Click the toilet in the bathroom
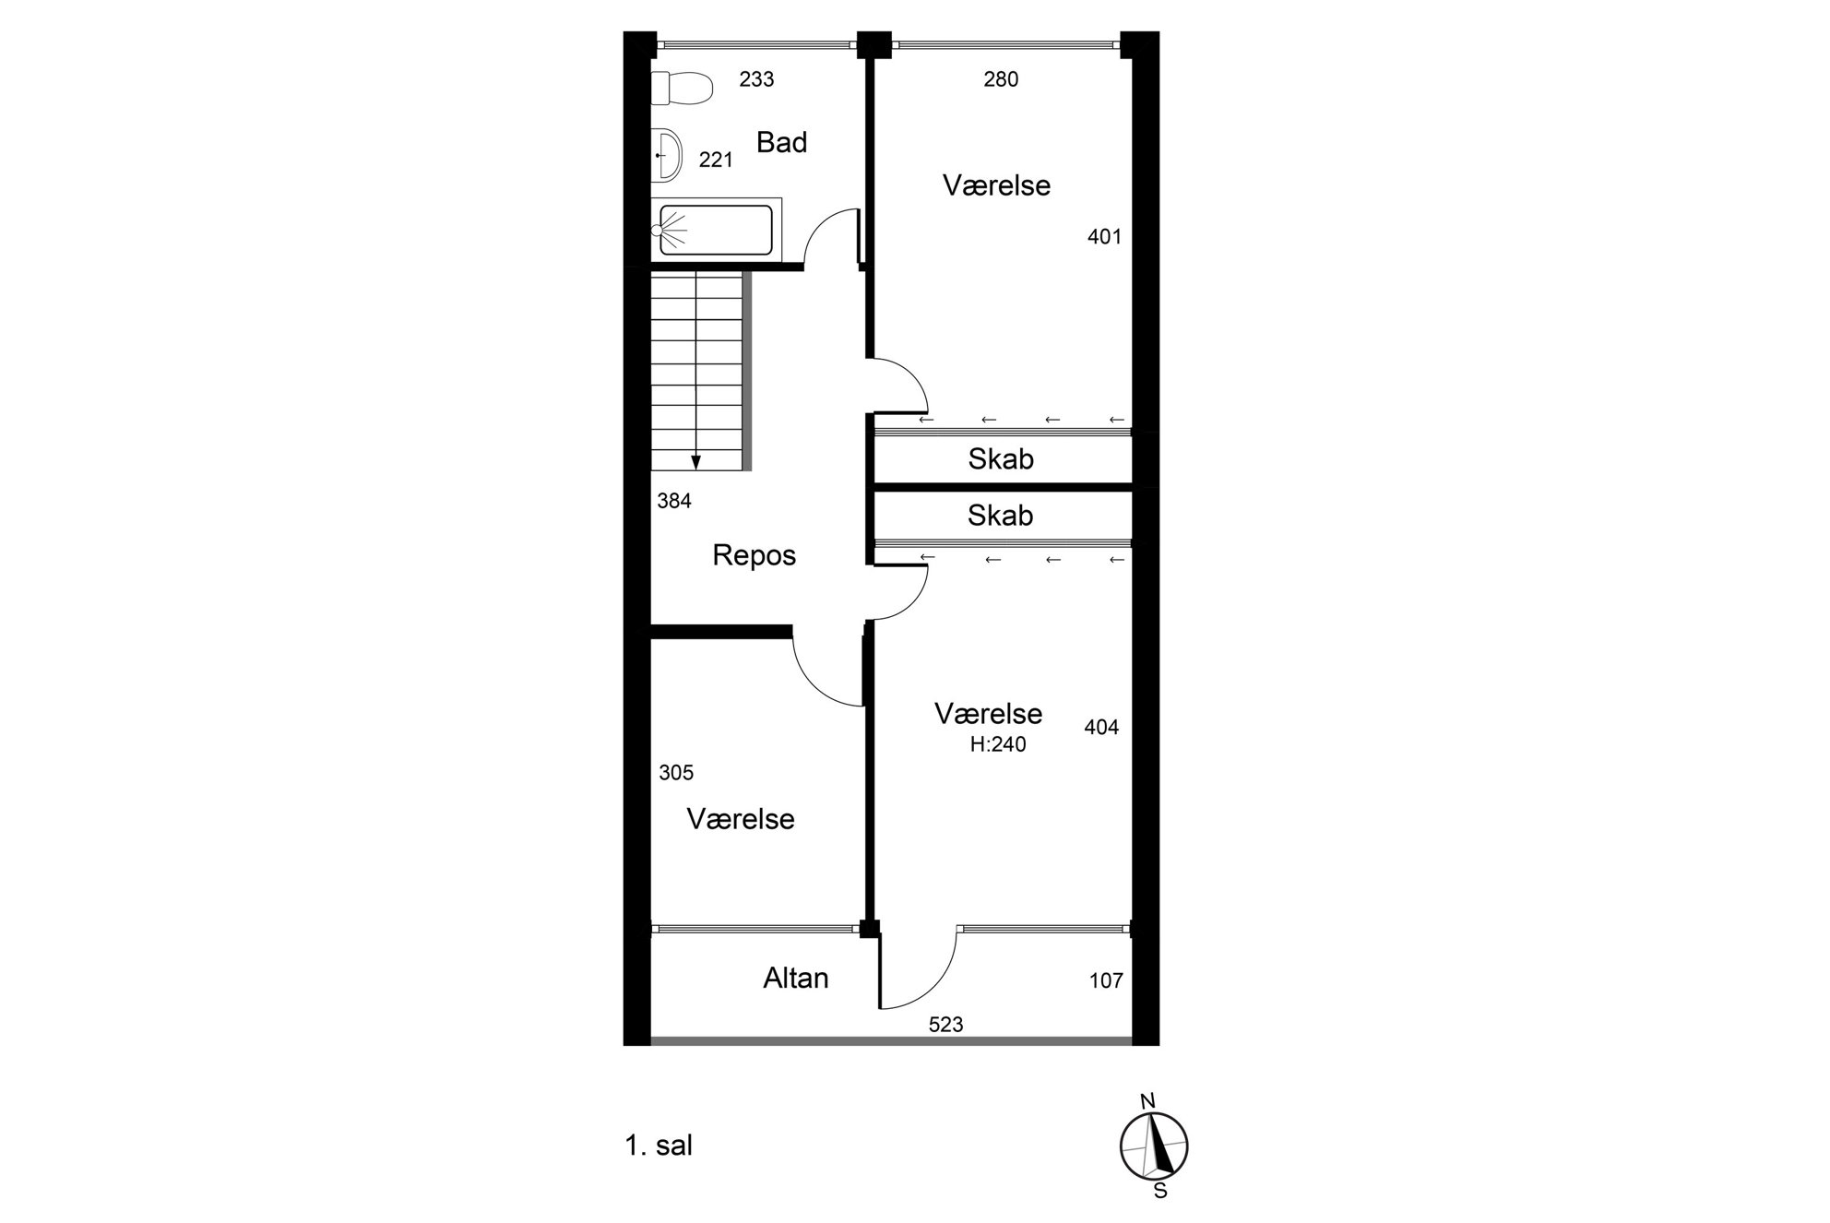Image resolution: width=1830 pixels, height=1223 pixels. pyautogui.click(x=682, y=89)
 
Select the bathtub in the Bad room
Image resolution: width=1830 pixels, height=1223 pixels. pyautogui.click(x=716, y=230)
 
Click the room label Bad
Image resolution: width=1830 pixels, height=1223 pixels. pyautogui.click(x=781, y=143)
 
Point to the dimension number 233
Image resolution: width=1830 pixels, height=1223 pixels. pyautogui.click(x=756, y=79)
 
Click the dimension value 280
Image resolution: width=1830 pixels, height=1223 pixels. pyautogui.click(x=1001, y=79)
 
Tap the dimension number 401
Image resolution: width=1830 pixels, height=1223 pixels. pyautogui.click(x=1104, y=237)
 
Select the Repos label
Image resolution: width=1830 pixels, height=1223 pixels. pyautogui.click(x=754, y=555)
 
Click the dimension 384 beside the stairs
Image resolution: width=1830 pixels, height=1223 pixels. pyautogui.click(x=674, y=501)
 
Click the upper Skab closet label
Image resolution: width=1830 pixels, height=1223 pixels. pyautogui.click(x=1001, y=459)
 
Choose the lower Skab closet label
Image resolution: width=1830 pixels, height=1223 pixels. pyautogui.click(x=1001, y=516)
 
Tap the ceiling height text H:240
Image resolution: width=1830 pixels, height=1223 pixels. pyautogui.click(x=998, y=744)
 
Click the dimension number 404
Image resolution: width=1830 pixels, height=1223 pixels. pyautogui.click(x=1101, y=728)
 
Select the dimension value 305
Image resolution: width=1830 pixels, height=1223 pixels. pyautogui.click(x=676, y=773)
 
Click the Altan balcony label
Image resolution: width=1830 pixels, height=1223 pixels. pyautogui.click(x=796, y=979)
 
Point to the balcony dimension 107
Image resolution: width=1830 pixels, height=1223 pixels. pyautogui.click(x=1106, y=980)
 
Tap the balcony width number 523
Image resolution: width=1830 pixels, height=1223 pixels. pyautogui.click(x=946, y=1025)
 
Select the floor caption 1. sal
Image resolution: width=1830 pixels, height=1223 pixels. pyautogui.click(x=659, y=1146)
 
